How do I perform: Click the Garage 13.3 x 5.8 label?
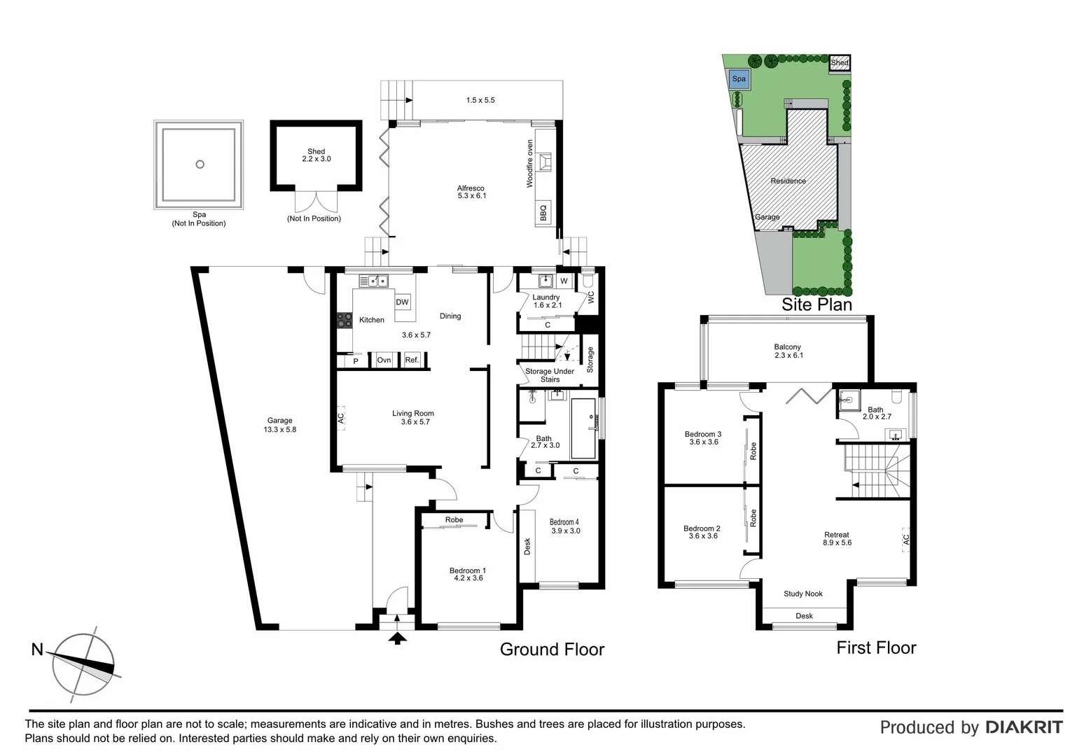pyautogui.click(x=279, y=425)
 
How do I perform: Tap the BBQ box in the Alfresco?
pyautogui.click(x=543, y=211)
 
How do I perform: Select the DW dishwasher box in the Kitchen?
pyautogui.click(x=402, y=302)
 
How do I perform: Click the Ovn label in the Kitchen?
pyautogui.click(x=384, y=360)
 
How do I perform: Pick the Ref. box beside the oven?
pyautogui.click(x=412, y=360)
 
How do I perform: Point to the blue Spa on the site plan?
pyautogui.click(x=739, y=79)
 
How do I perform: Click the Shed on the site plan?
pyautogui.click(x=840, y=63)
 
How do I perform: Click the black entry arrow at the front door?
pyautogui.click(x=397, y=637)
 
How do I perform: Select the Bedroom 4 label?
pyautogui.click(x=564, y=526)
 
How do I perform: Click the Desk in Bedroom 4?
pyautogui.click(x=527, y=546)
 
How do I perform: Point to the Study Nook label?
pyautogui.click(x=803, y=594)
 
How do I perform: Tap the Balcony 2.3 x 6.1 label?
pyautogui.click(x=788, y=351)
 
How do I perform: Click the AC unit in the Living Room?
pyautogui.click(x=341, y=418)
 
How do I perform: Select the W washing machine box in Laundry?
pyautogui.click(x=564, y=281)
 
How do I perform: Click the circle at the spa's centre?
pyautogui.click(x=200, y=164)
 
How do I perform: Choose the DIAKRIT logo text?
pyautogui.click(x=1024, y=727)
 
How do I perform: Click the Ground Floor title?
pyautogui.click(x=552, y=650)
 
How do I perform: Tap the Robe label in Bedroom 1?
pyautogui.click(x=454, y=520)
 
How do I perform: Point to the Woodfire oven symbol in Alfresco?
pyautogui.click(x=545, y=162)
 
